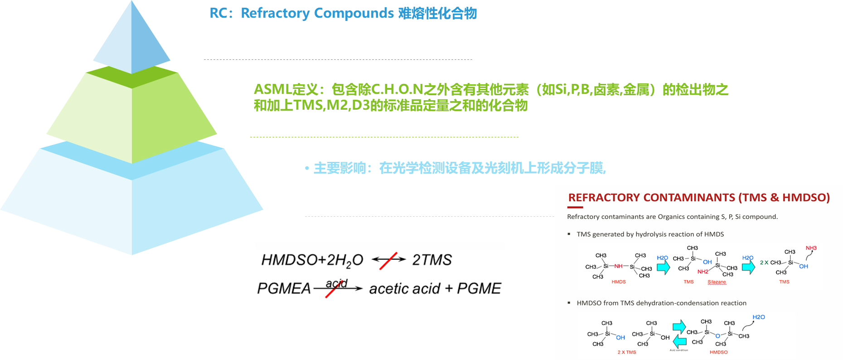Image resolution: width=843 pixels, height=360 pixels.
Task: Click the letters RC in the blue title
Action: [218, 13]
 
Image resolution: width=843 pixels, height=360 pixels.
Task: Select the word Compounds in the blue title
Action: [354, 13]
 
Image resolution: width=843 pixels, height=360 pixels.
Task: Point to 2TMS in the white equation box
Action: [432, 260]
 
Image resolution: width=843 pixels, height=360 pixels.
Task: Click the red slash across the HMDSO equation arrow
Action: [388, 261]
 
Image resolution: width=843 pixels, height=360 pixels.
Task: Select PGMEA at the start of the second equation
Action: [284, 288]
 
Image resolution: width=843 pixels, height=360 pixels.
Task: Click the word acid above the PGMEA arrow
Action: [337, 283]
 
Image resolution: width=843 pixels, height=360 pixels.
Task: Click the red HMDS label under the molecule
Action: [619, 282]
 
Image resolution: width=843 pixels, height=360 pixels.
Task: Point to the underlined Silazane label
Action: [717, 282]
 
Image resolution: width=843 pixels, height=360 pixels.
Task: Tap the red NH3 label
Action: [811, 248]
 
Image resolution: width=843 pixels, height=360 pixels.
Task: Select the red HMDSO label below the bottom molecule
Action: [718, 352]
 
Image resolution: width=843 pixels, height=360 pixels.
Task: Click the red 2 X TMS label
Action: [627, 352]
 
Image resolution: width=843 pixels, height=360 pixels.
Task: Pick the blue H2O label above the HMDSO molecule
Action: [759, 317]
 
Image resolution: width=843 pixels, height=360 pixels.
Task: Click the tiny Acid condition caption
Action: [679, 350]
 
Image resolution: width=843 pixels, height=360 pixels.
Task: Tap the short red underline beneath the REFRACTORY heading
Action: [575, 207]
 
